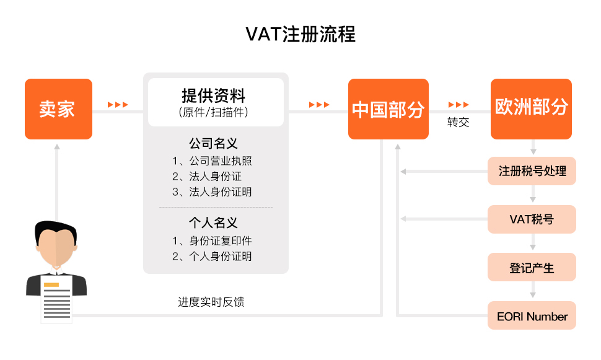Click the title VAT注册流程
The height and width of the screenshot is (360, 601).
pyautogui.click(x=300, y=34)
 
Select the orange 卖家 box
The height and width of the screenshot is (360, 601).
pyautogui.click(x=59, y=109)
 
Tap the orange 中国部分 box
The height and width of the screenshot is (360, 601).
pyautogui.click(x=388, y=109)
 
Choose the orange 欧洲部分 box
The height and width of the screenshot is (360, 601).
pyautogui.click(x=531, y=109)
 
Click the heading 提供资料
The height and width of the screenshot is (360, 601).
pyautogui.click(x=214, y=95)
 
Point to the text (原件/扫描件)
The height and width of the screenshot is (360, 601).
pyautogui.click(x=214, y=112)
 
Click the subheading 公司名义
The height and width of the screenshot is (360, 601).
pyautogui.click(x=214, y=143)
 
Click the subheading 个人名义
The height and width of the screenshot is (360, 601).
pyautogui.click(x=214, y=222)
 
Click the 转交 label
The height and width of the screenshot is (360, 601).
pyautogui.click(x=458, y=122)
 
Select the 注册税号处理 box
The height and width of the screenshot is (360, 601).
pyautogui.click(x=532, y=171)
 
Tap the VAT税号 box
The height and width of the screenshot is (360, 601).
pyautogui.click(x=532, y=219)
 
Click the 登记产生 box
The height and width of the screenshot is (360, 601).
pyautogui.click(x=532, y=267)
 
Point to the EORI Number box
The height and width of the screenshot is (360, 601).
pyautogui.click(x=532, y=315)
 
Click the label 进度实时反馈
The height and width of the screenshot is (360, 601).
pyautogui.click(x=211, y=302)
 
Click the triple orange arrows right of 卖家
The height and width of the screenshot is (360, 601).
pyautogui.click(x=118, y=105)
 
